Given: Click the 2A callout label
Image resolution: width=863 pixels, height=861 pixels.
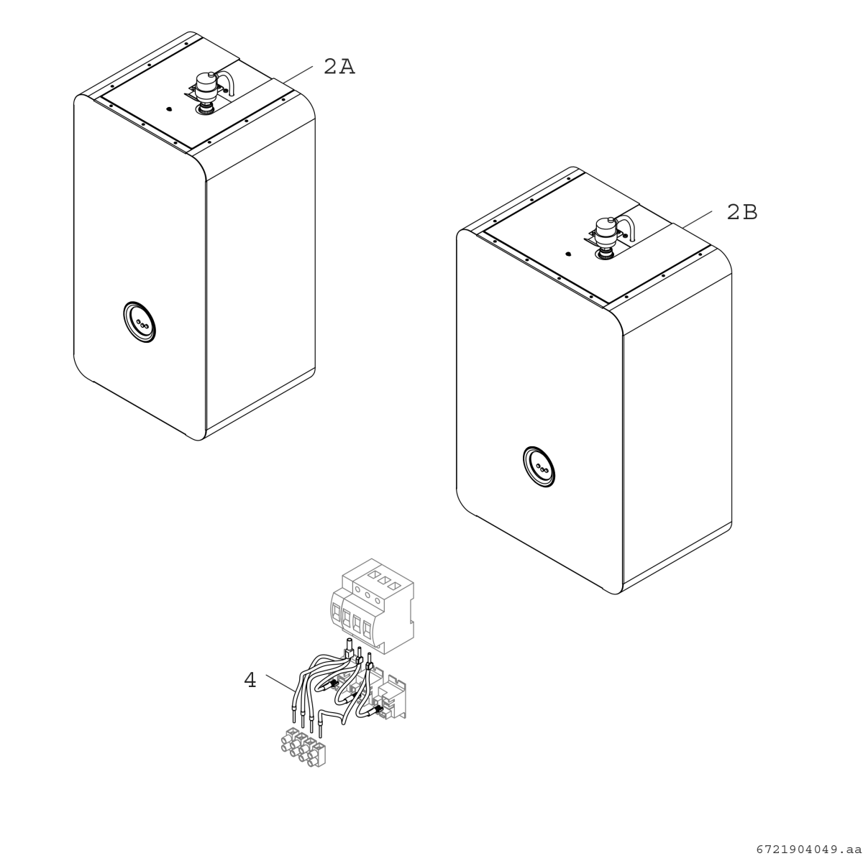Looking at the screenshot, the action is coord(339,67).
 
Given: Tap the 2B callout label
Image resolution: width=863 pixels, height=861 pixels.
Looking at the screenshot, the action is coord(742,212).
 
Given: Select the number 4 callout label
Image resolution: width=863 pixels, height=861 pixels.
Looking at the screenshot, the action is coord(250,680).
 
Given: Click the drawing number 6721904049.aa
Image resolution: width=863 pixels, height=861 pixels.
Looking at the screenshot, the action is coord(809,849).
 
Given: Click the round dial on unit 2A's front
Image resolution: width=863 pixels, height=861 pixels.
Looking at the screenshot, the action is coord(140,322).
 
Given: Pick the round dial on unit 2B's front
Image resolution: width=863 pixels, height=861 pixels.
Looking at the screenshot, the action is coord(539,466).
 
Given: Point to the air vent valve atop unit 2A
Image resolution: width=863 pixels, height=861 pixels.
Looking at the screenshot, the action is coord(207,86).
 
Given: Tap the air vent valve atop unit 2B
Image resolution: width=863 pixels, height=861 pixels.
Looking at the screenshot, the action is coord(607,231).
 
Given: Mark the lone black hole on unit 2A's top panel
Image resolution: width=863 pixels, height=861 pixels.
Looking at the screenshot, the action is coord(168,109).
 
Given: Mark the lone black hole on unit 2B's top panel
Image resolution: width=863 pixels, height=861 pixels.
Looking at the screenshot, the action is coord(568,254).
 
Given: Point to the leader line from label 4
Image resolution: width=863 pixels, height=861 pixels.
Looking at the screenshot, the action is coord(280,682).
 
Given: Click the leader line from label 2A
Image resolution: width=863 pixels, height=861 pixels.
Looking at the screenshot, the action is coord(298,74).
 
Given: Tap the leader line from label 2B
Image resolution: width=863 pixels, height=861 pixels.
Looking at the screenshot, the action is coord(697,219).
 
